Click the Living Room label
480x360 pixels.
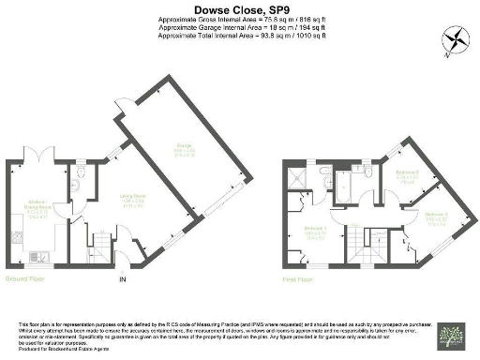coord(130,201)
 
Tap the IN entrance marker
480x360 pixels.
coord(121,279)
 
